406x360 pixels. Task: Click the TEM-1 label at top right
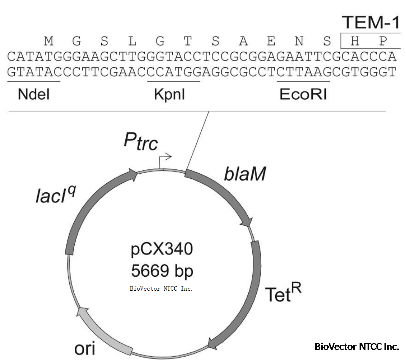point(371,22)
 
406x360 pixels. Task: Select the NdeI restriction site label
point(34,95)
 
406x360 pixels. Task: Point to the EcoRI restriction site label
point(303,95)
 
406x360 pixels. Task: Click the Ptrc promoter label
point(141,142)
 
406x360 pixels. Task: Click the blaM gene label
point(245,173)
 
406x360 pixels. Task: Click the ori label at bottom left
point(84,349)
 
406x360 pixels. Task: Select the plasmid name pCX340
point(161,249)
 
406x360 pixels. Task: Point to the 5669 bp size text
point(161,270)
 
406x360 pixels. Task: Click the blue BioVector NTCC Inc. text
point(161,289)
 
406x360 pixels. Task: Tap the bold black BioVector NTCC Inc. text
point(357,346)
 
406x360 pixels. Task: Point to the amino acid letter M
point(49,41)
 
